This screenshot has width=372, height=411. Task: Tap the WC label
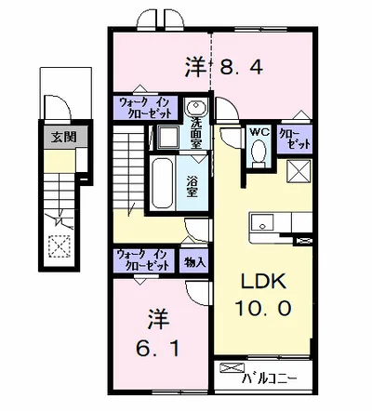pyautogui.click(x=260, y=132)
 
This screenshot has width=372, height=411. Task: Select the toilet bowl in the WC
pyautogui.click(x=259, y=152)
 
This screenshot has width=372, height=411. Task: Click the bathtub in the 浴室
pyautogui.click(x=162, y=183)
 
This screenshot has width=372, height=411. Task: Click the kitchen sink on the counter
pyautogui.click(x=262, y=222)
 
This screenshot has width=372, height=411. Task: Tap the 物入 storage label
pyautogui.click(x=194, y=263)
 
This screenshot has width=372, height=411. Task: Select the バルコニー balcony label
pyautogui.click(x=270, y=378)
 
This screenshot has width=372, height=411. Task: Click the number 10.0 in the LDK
pyautogui.click(x=263, y=309)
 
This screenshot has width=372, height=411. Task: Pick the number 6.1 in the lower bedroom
pyautogui.click(x=157, y=349)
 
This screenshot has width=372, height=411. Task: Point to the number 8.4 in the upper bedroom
pyautogui.click(x=241, y=67)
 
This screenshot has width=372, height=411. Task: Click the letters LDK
pyautogui.click(x=263, y=282)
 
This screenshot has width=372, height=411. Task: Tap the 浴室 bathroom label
pyautogui.click(x=192, y=187)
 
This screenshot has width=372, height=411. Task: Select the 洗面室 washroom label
pyautogui.click(x=196, y=133)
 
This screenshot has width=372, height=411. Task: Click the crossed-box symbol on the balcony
pyautogui.click(x=232, y=368)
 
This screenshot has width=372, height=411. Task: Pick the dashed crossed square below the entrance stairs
pyautogui.click(x=60, y=246)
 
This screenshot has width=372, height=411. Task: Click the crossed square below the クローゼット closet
pyautogui.click(x=299, y=171)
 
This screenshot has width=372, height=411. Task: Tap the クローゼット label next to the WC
pyautogui.click(x=295, y=139)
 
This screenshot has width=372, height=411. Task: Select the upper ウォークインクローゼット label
pyautogui.click(x=145, y=108)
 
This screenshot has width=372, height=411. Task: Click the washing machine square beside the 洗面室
pyautogui.click(x=167, y=137)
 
